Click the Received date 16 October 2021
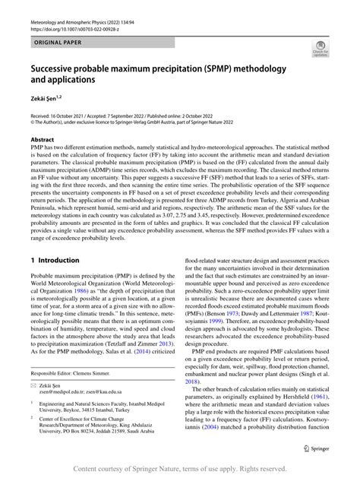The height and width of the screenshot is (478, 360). (x=58, y=114)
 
